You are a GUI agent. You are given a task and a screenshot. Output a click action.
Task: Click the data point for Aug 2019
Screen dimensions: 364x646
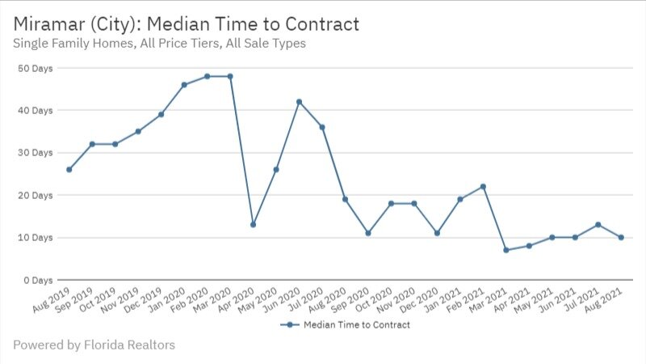pos(69,169)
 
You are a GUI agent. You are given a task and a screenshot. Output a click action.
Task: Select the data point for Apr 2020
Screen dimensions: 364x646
pos(254,224)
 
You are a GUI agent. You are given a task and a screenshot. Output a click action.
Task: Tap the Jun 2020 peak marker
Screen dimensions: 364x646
pos(300,101)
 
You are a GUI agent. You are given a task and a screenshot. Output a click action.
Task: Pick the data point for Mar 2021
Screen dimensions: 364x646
pos(506,250)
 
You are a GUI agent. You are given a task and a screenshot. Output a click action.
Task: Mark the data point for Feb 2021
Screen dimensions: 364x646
pos(483,186)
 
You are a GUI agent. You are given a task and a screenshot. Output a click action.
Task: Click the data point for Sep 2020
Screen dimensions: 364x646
pos(368,233)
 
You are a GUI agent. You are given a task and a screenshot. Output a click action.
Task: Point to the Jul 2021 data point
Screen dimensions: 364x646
pos(598,224)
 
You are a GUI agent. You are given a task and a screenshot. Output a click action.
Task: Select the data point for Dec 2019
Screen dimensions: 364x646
pos(161,114)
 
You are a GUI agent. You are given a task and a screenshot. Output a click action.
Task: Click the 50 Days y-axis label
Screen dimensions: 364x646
pos(35,68)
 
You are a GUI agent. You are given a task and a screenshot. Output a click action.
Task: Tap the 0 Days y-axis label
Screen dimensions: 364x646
pos(37,280)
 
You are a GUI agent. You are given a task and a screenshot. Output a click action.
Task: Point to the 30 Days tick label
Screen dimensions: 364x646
pos(35,153)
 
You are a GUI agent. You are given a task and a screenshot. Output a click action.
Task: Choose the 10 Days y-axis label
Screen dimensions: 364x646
pos(35,238)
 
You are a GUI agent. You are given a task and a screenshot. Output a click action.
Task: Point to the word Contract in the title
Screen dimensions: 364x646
pos(319,24)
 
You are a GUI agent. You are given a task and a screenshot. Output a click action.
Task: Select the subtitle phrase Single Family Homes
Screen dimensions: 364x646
pos(69,44)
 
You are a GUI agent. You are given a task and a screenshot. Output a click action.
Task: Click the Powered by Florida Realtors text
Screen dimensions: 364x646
pos(94,345)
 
